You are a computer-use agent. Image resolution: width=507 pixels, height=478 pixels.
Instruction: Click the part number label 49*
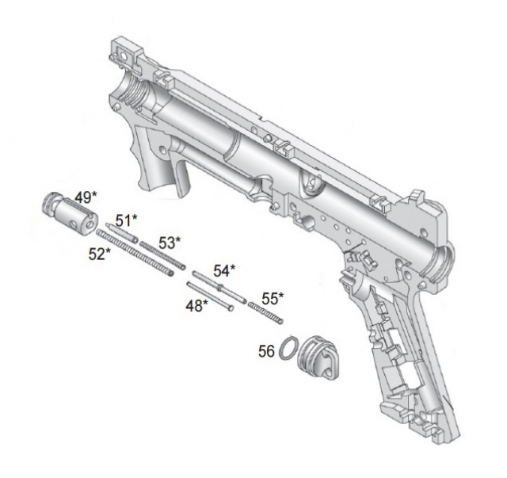tap(86, 197)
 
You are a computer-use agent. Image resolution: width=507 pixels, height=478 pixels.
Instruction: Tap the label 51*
tap(126, 220)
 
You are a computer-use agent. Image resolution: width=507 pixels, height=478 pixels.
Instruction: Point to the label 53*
tap(170, 243)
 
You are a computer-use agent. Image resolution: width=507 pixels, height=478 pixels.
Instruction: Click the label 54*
tap(224, 270)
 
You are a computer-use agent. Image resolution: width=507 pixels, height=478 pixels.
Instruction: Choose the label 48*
tap(196, 305)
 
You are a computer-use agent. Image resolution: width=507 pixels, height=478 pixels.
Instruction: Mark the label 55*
tap(273, 299)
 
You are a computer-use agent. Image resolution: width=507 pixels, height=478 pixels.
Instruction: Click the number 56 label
tap(266, 351)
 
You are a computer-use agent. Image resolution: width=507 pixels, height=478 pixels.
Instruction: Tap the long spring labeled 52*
tap(135, 252)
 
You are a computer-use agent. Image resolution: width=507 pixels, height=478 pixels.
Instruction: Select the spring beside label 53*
tap(162, 254)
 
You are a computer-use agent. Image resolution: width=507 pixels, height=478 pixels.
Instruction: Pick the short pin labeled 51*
tap(122, 232)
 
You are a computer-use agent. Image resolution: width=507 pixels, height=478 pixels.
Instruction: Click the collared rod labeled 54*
tap(219, 287)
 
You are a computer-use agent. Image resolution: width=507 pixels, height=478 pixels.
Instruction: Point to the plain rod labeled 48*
tap(210, 296)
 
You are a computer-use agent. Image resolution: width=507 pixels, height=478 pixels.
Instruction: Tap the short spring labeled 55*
tap(266, 312)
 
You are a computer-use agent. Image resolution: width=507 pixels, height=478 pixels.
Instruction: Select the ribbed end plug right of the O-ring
tap(318, 357)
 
